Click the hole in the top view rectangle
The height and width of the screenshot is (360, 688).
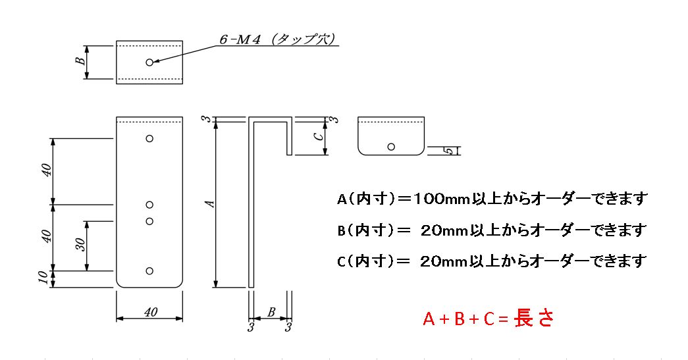[150, 62]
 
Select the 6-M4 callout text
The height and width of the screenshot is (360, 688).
[241, 40]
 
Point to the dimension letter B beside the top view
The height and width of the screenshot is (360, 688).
[80, 61]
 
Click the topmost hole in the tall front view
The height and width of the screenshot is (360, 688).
[150, 138]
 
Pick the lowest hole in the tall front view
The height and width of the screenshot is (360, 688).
[150, 270]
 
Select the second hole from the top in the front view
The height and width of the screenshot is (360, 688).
[150, 205]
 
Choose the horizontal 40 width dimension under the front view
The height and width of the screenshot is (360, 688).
[149, 313]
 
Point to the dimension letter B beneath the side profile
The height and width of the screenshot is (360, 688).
[271, 313]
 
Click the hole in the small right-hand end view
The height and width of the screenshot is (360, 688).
[391, 147]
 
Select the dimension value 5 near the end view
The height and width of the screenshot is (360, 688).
[448, 151]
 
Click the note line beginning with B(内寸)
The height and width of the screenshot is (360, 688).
[491, 230]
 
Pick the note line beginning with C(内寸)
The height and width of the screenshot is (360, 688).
[491, 261]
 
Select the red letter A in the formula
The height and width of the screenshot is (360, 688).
[429, 320]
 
